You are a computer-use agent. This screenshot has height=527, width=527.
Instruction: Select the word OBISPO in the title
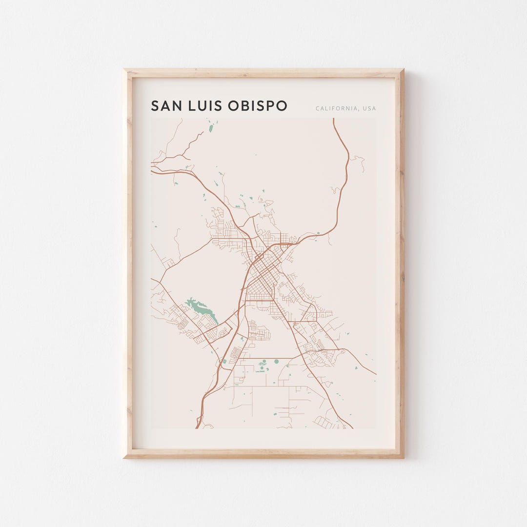[x=257, y=106]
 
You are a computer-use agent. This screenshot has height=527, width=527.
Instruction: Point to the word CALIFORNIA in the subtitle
[x=336, y=108]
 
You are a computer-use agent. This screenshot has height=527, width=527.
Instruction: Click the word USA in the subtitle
[x=369, y=108]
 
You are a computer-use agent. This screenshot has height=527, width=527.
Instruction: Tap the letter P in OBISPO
[x=270, y=106]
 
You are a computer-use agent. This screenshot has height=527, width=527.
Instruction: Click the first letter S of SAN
[x=155, y=106]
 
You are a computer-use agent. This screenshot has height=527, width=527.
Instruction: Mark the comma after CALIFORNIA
[x=359, y=110]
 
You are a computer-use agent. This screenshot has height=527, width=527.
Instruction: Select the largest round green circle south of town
[x=276, y=362]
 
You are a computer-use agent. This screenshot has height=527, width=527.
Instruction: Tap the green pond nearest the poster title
[x=211, y=128]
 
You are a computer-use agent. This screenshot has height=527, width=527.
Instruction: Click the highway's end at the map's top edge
[x=334, y=119]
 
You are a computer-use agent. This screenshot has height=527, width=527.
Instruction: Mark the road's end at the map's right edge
[x=376, y=374]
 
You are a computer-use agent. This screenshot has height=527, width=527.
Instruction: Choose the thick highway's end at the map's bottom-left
[x=197, y=428]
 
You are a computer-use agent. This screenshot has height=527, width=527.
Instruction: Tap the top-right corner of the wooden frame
[x=403, y=70]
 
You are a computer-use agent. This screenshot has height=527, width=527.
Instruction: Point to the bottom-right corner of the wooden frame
[x=403, y=457]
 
